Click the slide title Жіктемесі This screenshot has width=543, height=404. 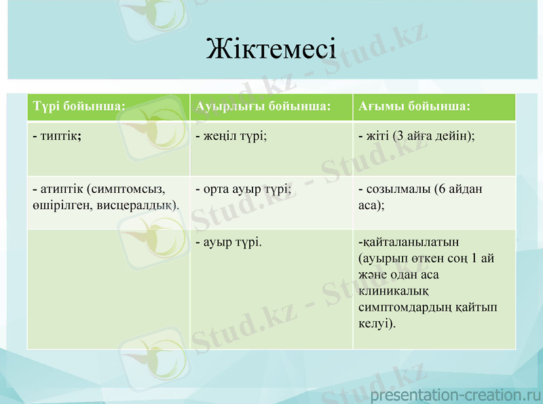point(271,49)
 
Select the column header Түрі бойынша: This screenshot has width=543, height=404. point(79,107)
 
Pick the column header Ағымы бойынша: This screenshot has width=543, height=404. point(414,107)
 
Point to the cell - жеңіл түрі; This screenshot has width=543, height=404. point(231,136)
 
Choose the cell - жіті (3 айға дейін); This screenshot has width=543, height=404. point(416,136)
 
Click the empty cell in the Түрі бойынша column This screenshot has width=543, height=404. point(108,289)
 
